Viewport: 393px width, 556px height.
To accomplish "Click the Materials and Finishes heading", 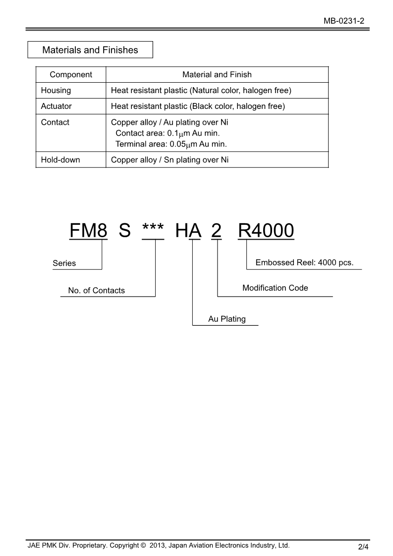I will point(90,50).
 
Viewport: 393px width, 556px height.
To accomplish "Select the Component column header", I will point(71,75).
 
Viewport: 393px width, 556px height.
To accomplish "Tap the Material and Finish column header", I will point(217,75).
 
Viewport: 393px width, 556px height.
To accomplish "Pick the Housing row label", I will point(56,91).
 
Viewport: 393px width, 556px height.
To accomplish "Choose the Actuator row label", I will point(56,106).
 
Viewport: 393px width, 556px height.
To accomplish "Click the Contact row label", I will point(55,122).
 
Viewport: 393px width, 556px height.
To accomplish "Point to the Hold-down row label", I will point(60,160).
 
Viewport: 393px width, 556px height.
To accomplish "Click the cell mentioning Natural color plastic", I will point(201,91).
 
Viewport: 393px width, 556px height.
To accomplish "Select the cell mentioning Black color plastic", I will point(198,106).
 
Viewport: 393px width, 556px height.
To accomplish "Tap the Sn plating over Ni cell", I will point(170,160).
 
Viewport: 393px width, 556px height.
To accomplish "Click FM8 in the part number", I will point(88,231).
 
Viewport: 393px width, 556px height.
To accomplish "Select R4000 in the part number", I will point(266,231).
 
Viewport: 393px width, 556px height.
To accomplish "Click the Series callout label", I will point(64,263).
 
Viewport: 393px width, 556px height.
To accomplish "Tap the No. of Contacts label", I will point(97,291).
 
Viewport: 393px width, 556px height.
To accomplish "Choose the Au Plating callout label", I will point(227,319).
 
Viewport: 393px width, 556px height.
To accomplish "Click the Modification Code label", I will point(275,288).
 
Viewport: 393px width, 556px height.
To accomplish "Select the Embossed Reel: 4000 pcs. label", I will point(304,262).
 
